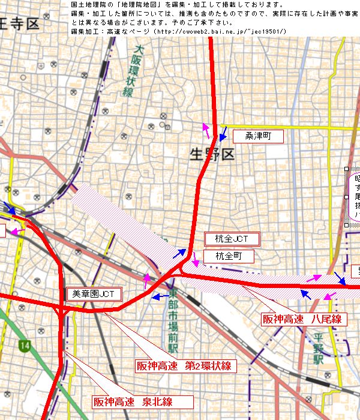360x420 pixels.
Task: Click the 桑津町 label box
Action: point(257,136)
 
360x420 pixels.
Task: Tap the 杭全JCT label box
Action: point(232,239)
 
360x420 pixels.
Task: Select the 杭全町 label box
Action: point(229,256)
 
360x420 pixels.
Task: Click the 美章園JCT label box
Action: point(94,294)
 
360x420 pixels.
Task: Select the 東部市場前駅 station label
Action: point(173,322)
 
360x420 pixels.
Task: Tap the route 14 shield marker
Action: point(25,346)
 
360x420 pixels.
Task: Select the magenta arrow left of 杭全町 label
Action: point(197,262)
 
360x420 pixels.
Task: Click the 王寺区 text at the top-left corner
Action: point(18,25)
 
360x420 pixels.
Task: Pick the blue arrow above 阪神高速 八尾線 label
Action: point(305,293)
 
